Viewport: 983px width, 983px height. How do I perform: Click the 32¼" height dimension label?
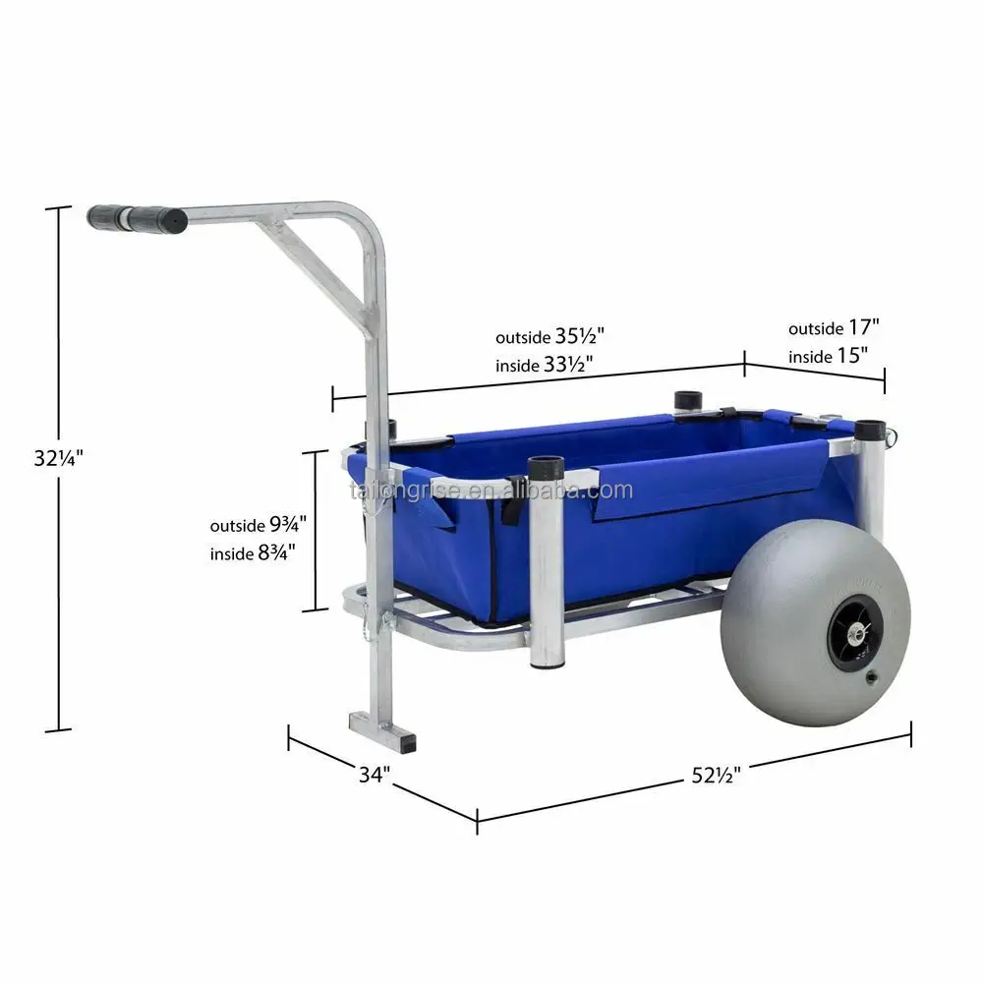[x=56, y=457]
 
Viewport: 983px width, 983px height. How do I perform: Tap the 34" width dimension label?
[x=374, y=775]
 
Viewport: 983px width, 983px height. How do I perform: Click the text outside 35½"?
[x=547, y=336]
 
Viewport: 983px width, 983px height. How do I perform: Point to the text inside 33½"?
[x=547, y=364]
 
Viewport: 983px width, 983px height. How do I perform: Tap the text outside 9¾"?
[x=259, y=526]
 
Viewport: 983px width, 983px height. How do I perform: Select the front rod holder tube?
[x=546, y=570]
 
